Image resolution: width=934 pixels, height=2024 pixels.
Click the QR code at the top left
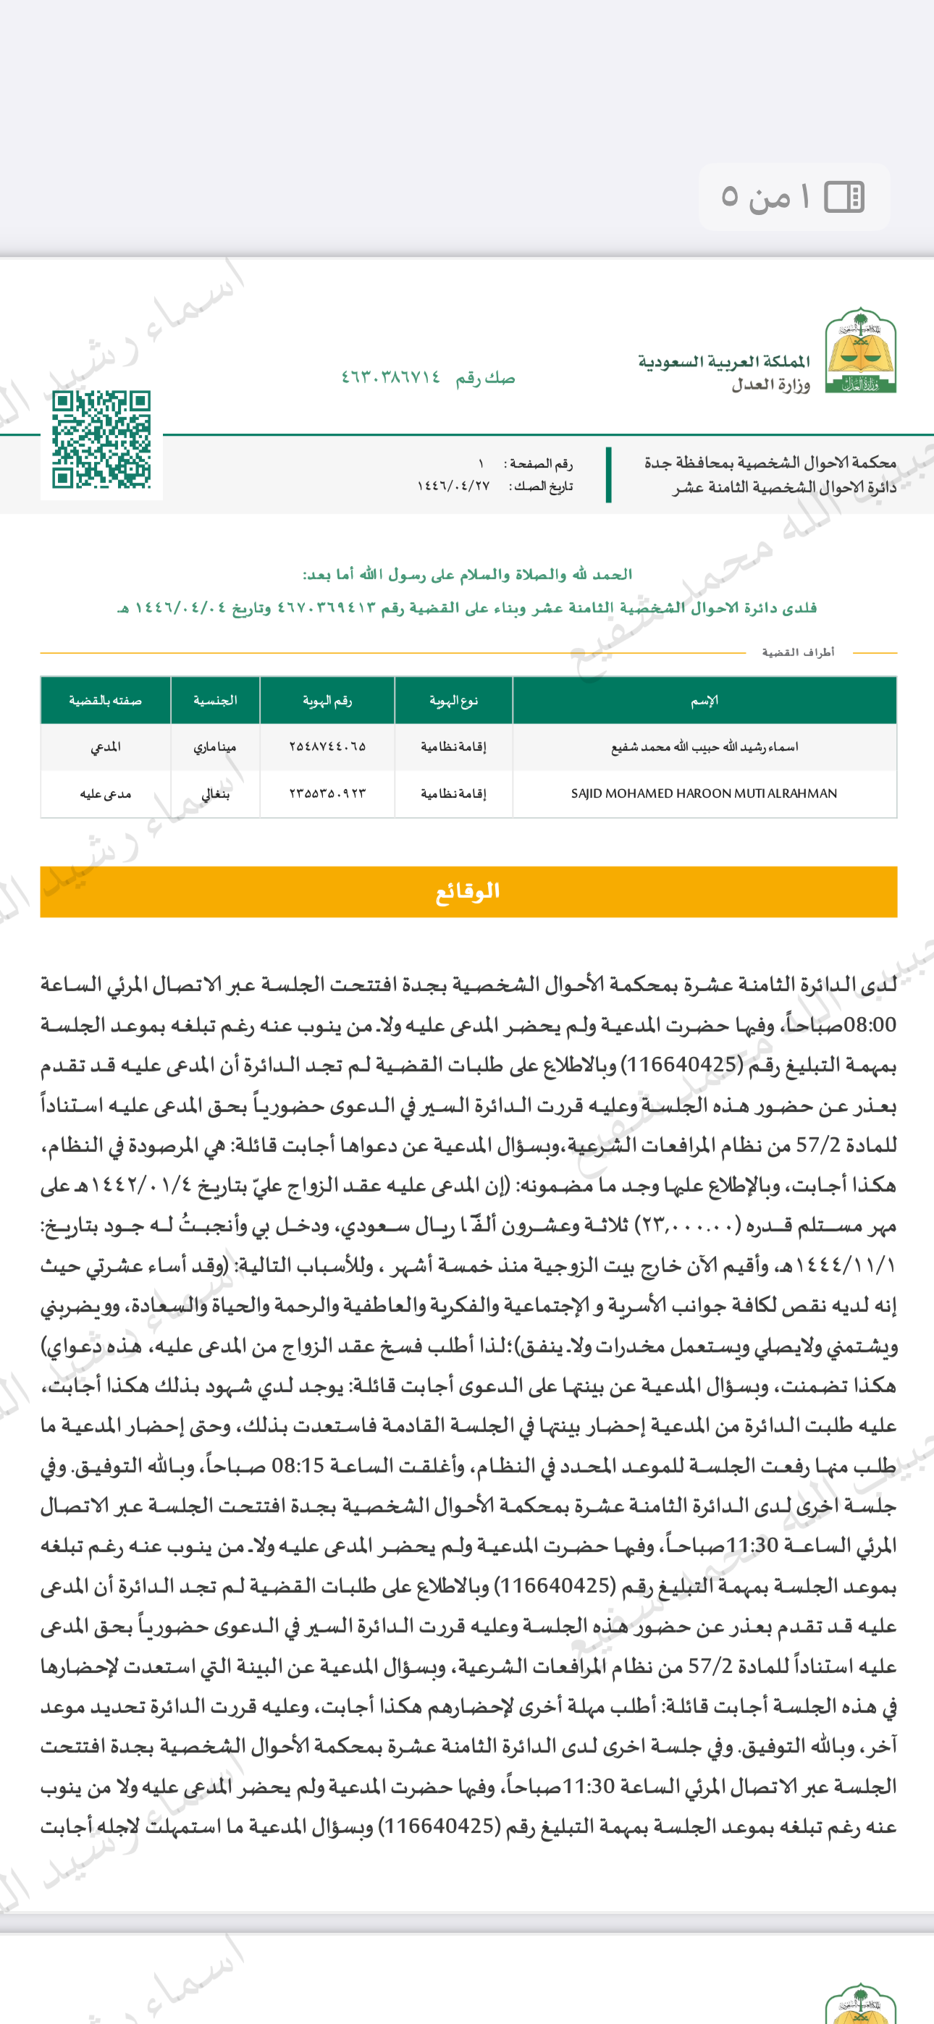tap(101, 440)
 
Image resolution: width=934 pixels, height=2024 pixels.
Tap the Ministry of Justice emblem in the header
tap(860, 350)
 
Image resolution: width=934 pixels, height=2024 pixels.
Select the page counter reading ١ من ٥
tap(794, 197)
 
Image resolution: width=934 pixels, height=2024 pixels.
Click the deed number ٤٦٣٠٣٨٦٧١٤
tap(391, 378)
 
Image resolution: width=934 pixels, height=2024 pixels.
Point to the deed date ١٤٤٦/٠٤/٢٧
tap(454, 486)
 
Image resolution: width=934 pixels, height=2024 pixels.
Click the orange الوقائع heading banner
tap(468, 892)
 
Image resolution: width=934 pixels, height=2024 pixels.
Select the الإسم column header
tap(704, 700)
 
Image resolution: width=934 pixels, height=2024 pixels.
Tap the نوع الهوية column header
tap(454, 700)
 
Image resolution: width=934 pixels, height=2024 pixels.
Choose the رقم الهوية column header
tap(327, 700)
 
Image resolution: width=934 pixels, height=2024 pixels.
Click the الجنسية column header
tap(216, 700)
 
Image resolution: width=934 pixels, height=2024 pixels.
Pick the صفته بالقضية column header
tap(106, 700)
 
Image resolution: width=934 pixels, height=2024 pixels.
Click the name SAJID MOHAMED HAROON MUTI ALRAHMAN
tap(704, 793)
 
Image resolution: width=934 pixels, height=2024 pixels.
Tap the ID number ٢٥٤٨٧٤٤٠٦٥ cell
tap(327, 746)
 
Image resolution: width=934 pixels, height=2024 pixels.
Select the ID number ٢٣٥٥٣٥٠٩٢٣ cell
tap(327, 793)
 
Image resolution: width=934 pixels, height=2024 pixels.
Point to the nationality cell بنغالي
tap(216, 793)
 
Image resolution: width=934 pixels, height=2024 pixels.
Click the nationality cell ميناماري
tap(216, 746)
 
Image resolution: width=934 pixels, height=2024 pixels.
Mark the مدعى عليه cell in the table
tap(106, 793)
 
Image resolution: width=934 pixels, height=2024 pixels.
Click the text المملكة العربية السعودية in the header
tap(724, 362)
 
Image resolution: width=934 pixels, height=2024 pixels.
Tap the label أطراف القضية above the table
tap(798, 652)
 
